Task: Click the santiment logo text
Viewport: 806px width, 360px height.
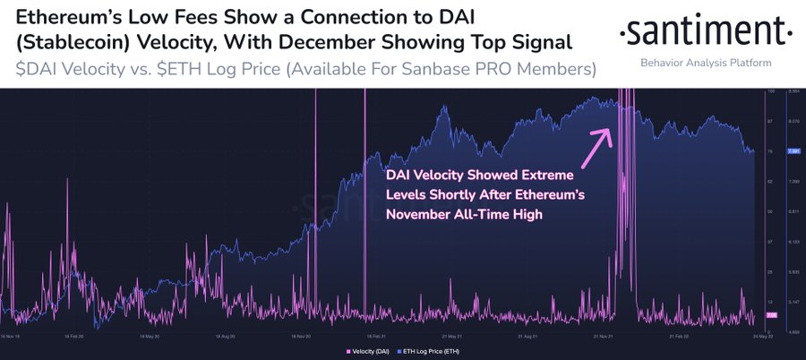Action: pyautogui.click(x=706, y=33)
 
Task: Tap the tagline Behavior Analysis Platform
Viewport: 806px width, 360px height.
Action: pyautogui.click(x=706, y=64)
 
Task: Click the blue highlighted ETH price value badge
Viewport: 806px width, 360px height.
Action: pyautogui.click(x=793, y=151)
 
